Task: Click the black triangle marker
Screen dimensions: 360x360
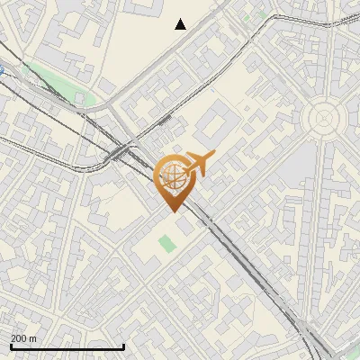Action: coord(181,24)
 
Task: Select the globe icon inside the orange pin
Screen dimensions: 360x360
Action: coord(172,176)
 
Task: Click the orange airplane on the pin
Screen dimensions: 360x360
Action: coord(199,163)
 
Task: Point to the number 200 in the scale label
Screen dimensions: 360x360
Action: coord(19,338)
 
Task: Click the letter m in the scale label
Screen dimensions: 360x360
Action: coord(33,338)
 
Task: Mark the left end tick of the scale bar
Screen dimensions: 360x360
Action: coord(10,346)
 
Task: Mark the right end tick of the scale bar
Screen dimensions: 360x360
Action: coord(123,346)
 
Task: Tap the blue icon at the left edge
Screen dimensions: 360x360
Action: coord(2,70)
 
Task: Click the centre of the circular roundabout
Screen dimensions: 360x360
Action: coord(323,118)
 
